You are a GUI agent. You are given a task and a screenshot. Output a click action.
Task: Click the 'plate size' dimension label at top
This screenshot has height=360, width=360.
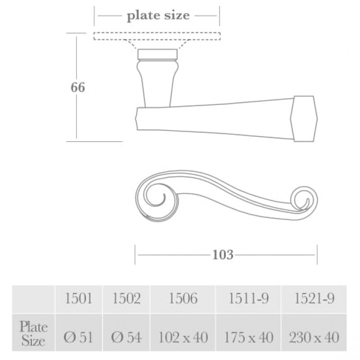pos(158,16)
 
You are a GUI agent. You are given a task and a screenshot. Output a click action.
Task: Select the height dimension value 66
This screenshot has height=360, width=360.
pos(77,87)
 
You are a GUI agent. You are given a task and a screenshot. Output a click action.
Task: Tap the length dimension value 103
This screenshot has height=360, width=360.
pos(223,255)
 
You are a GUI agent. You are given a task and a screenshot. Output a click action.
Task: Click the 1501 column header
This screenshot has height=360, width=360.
pos(79,299)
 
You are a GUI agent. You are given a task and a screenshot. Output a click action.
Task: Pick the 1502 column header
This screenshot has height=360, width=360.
pos(126,299)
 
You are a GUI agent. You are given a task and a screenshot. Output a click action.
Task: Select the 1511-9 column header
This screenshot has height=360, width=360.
pos(248,299)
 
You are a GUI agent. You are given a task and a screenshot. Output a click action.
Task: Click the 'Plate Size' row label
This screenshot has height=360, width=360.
pos(34,333)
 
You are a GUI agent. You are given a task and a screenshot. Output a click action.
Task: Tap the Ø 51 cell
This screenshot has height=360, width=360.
pos(79,337)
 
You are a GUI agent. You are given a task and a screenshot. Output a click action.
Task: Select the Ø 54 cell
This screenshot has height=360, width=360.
pos(126,337)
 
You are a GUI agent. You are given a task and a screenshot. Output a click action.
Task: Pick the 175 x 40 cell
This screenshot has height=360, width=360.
pos(248,337)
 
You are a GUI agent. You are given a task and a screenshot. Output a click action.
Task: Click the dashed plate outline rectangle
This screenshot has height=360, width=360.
pos(157,36)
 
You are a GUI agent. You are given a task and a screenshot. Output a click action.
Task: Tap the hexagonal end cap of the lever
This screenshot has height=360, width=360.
pos(304,118)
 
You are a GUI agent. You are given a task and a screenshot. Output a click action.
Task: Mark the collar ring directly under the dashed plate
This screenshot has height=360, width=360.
pos(157,55)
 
